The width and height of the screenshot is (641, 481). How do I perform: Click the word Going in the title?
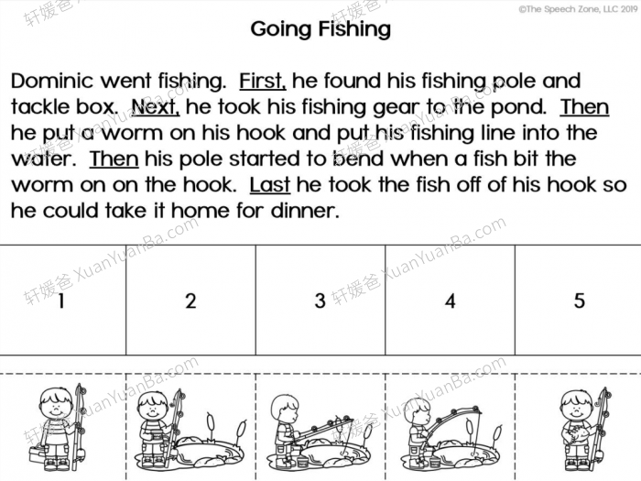pyautogui.click(x=282, y=29)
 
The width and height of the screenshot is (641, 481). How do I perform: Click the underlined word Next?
pyautogui.click(x=156, y=107)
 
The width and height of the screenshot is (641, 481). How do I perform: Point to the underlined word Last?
pyautogui.click(x=269, y=184)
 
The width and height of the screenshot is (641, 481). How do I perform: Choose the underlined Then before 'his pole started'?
pyautogui.click(x=114, y=159)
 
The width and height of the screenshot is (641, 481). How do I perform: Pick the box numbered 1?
pyautogui.click(x=62, y=301)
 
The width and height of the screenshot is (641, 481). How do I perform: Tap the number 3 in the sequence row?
pyautogui.click(x=320, y=301)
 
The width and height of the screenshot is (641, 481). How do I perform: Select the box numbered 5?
pyautogui.click(x=579, y=301)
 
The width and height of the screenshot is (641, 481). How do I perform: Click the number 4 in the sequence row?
pyautogui.click(x=450, y=301)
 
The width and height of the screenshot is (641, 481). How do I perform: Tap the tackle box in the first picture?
pyautogui.click(x=38, y=453)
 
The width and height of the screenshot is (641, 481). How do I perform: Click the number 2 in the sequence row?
pyautogui.click(x=190, y=301)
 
